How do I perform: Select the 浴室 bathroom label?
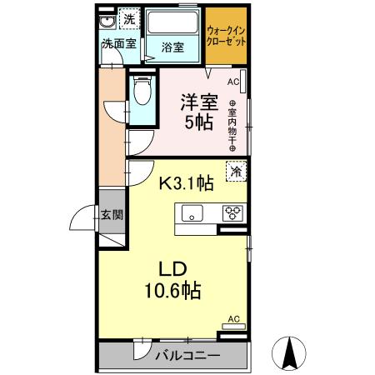pyautogui.click(x=172, y=47)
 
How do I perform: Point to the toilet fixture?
pyautogui.click(x=141, y=92)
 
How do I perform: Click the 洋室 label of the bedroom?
pyautogui.click(x=198, y=102)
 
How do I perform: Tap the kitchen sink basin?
pyautogui.click(x=193, y=213)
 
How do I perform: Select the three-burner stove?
pyautogui.click(x=232, y=212)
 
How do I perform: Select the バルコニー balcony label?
pyautogui.click(x=187, y=357)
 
